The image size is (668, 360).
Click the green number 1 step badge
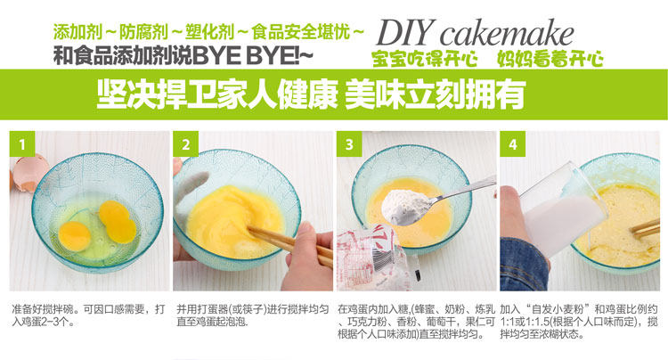click(22, 144)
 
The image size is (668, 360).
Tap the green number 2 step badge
click(186, 144)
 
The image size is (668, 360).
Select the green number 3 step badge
click(349, 144)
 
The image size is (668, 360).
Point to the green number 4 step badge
click(513, 144)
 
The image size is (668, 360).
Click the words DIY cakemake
click(475, 33)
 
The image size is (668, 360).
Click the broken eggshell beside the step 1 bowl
click(27, 174)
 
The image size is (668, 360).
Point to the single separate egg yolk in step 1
click(75, 235)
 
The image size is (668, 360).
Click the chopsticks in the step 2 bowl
click(289, 246)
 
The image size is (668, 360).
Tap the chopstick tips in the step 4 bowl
click(644, 228)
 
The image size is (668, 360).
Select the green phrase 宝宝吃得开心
click(424, 59)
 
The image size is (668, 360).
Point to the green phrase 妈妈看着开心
click(550, 59)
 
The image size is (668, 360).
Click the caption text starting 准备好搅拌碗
click(88, 315)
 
